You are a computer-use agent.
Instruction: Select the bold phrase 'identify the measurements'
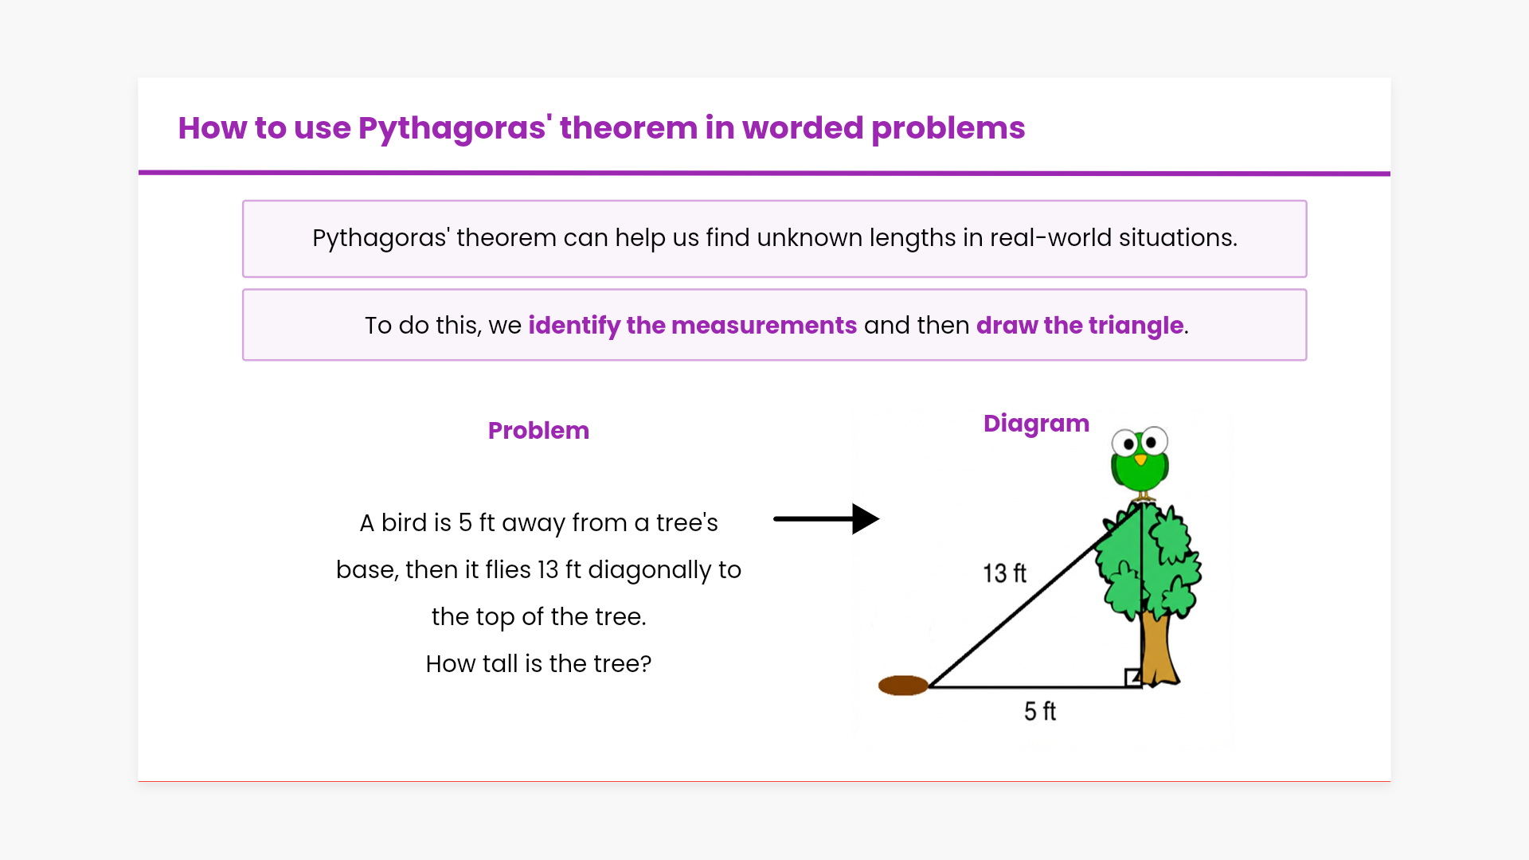pyautogui.click(x=692, y=326)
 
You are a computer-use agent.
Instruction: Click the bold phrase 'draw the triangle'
pyautogui.click(x=1080, y=326)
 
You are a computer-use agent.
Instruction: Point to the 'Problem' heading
pyautogui.click(x=538, y=431)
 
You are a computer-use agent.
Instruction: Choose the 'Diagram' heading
pyautogui.click(x=1036, y=424)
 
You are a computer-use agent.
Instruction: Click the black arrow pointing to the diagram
pyautogui.click(x=826, y=519)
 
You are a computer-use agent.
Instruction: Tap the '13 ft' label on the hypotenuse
pyautogui.click(x=1004, y=573)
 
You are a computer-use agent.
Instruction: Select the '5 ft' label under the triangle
pyautogui.click(x=1039, y=711)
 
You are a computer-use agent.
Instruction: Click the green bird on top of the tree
pyautogui.click(x=1140, y=462)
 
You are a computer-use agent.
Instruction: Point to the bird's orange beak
pyautogui.click(x=1140, y=460)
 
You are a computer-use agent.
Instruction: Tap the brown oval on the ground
pyautogui.click(x=903, y=685)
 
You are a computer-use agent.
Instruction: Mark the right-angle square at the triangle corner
pyautogui.click(x=1133, y=678)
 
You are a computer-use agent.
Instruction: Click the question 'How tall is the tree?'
pyautogui.click(x=538, y=664)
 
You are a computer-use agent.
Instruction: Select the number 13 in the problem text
pyautogui.click(x=548, y=570)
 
